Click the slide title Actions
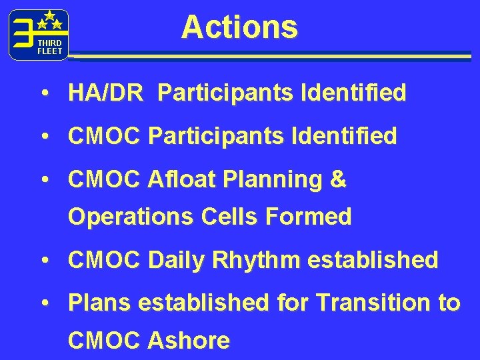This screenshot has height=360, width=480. (239, 27)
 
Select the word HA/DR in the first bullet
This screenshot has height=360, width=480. (105, 94)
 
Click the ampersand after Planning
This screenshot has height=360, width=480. (338, 179)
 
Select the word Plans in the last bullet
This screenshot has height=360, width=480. (99, 303)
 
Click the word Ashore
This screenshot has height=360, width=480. (189, 341)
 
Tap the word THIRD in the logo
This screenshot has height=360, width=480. (49, 43)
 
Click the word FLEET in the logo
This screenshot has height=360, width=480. (49, 51)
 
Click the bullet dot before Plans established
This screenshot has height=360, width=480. (44, 303)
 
